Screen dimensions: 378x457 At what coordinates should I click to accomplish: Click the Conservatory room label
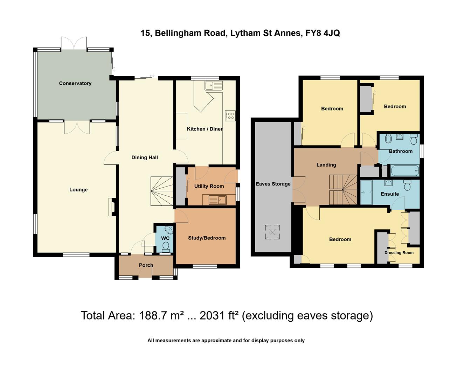[x=75, y=83]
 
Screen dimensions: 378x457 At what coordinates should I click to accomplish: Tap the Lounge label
[x=78, y=190]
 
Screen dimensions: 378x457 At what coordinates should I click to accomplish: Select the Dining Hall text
[x=145, y=157]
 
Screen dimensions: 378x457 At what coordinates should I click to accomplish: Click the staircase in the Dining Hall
[x=162, y=191]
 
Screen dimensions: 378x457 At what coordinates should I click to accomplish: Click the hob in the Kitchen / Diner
[x=230, y=115]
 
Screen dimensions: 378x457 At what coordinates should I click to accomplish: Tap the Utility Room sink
[x=217, y=200]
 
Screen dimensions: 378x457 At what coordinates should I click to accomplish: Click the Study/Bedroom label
[x=207, y=238]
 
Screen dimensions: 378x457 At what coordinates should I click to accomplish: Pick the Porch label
[x=146, y=265]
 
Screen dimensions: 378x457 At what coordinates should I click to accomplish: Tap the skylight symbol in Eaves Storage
[x=272, y=232]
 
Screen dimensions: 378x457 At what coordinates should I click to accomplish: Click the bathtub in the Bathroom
[x=405, y=171]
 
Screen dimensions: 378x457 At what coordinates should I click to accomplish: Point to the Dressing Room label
[x=399, y=253]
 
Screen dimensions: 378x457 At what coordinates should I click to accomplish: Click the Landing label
[x=326, y=165]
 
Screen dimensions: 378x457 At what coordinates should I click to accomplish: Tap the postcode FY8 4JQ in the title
[x=323, y=33]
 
